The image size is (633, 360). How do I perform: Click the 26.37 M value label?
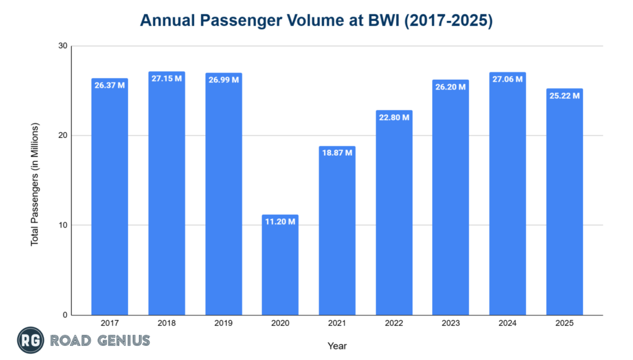(x=109, y=85)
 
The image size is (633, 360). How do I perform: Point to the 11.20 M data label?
(x=280, y=221)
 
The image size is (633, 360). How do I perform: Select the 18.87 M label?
(x=337, y=153)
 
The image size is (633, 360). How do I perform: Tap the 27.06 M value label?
(x=508, y=79)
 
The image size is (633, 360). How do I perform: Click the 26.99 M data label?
(x=223, y=80)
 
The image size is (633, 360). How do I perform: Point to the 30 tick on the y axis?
(x=62, y=46)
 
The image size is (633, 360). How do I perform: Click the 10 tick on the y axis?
(x=62, y=225)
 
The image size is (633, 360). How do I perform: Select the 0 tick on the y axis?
(x=64, y=315)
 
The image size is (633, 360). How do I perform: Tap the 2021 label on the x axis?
(x=337, y=324)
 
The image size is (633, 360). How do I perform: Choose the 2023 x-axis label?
(x=451, y=324)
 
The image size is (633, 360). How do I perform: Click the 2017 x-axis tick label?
(x=109, y=324)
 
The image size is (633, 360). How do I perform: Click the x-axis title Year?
(x=337, y=346)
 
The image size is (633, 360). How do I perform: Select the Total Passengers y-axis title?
(x=35, y=184)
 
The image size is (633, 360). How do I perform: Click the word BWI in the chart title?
(x=396, y=20)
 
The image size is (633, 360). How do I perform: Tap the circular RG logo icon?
(x=29, y=340)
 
